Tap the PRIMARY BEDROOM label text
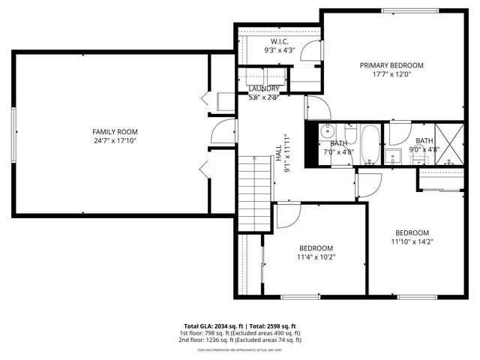pyautogui.click(x=391, y=65)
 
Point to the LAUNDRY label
pyautogui.click(x=264, y=88)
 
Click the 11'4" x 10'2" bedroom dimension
pyautogui.click(x=316, y=257)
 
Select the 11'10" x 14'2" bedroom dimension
pyautogui.click(x=412, y=241)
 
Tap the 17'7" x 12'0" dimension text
pyautogui.click(x=391, y=75)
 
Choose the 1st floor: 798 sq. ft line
pyautogui.click(x=239, y=333)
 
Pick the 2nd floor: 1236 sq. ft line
pyautogui.click(x=239, y=340)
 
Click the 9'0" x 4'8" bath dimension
pyautogui.click(x=424, y=150)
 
